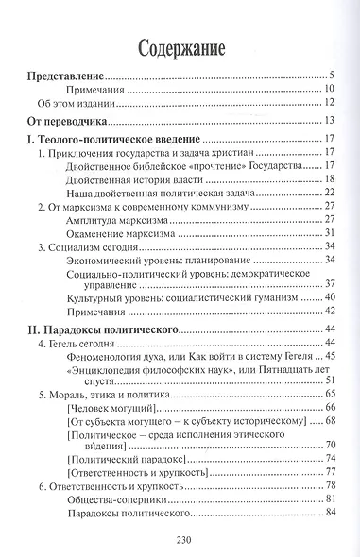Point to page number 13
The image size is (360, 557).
pyautogui.click(x=332, y=122)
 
